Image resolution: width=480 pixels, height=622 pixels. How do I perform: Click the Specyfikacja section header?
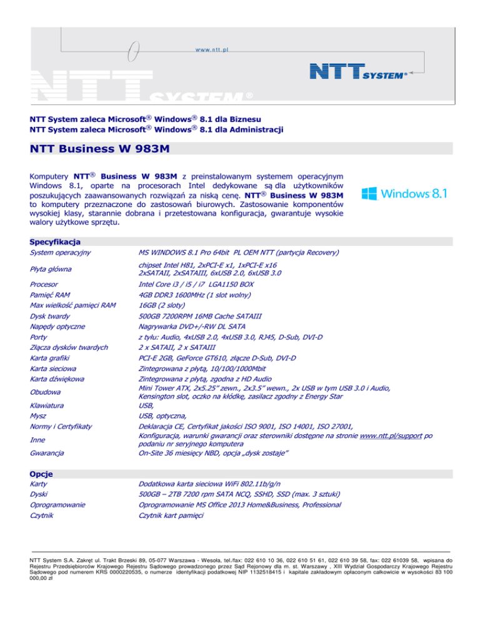click(x=55, y=241)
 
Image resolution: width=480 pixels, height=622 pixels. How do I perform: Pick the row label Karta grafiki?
click(x=51, y=358)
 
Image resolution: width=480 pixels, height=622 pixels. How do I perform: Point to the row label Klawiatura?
click(x=48, y=406)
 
